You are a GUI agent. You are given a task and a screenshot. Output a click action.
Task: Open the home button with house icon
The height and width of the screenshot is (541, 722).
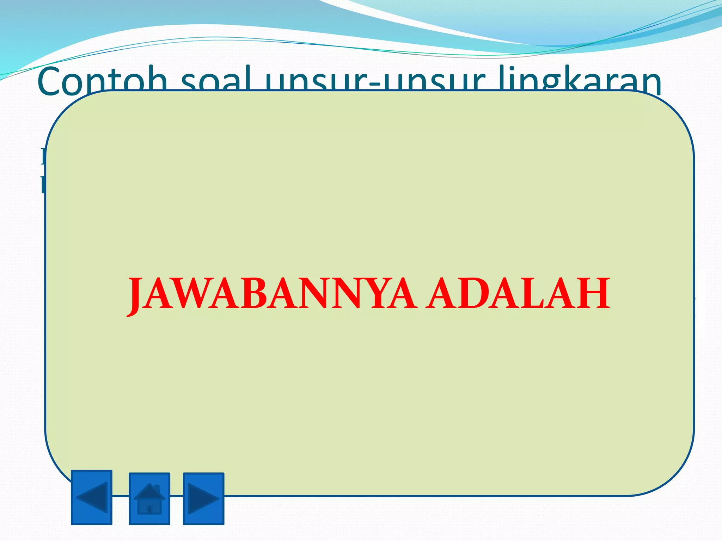149,498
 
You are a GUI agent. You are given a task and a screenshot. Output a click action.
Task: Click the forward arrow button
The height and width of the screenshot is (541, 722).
203,498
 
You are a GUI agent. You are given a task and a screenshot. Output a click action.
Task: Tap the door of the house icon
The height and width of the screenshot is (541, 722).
149,509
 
